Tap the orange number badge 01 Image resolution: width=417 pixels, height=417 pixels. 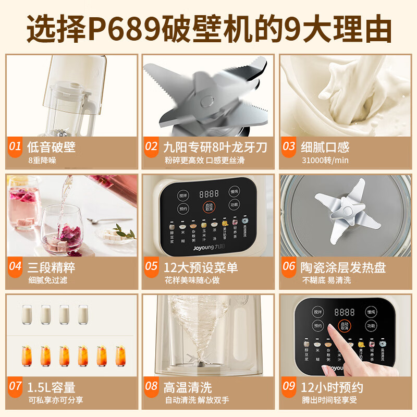pos(16,147)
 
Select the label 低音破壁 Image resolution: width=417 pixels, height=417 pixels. pos(51,147)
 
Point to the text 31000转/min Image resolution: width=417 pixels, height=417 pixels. pos(324,160)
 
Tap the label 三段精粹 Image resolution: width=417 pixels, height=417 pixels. pos(51,267)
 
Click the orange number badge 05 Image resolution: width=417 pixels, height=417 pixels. pos(151,267)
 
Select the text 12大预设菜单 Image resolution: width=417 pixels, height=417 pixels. pos(200,267)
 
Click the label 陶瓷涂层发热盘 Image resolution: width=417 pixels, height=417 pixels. pos(343,267)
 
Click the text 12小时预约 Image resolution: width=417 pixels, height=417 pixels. pos(332,387)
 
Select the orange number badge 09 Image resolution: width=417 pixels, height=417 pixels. pos(289,387)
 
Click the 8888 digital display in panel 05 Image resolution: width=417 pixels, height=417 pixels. pos(208,193)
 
